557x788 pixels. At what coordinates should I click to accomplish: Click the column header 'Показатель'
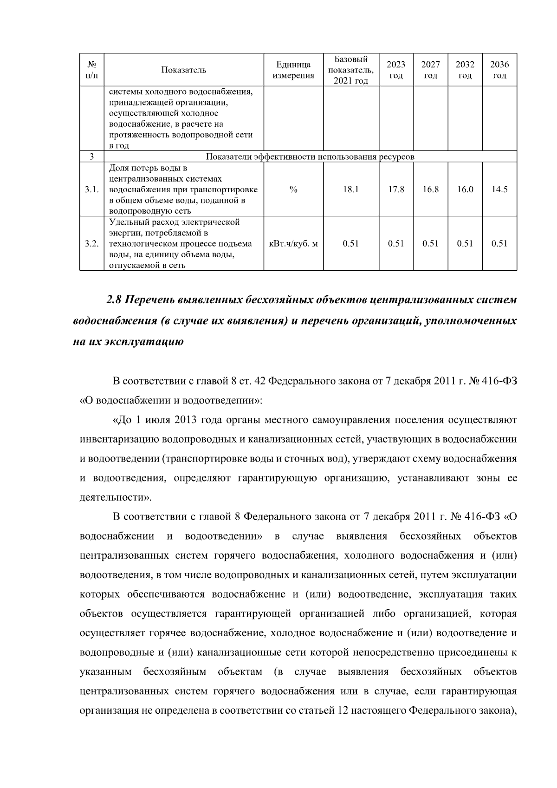[x=183, y=70]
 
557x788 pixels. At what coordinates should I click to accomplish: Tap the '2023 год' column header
[x=395, y=70]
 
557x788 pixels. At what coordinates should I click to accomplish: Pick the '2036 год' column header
[x=499, y=70]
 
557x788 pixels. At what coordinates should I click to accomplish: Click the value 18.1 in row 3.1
[x=350, y=189]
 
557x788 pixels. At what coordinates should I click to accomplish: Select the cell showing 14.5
[x=499, y=189]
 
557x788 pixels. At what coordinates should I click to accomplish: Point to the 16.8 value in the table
[x=430, y=189]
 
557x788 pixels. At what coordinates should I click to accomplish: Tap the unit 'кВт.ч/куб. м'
[x=293, y=244]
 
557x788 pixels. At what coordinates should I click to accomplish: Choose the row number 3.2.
[x=91, y=244]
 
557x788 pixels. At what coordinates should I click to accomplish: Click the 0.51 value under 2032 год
[x=465, y=244]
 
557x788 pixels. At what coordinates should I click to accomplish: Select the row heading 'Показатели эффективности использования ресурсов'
[x=310, y=157]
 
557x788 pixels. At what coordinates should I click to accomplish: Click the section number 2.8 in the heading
[x=114, y=300]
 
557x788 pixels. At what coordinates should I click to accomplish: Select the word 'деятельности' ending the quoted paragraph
[x=113, y=498]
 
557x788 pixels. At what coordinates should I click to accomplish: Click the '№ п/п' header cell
[x=91, y=70]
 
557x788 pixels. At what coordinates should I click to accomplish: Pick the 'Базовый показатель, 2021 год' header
[x=350, y=70]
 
